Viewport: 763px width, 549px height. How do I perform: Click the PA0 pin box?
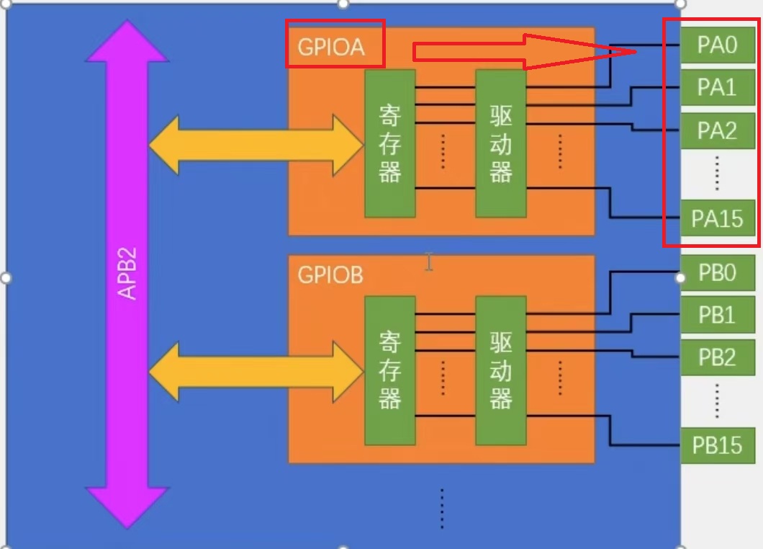point(717,45)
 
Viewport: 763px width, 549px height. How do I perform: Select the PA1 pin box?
point(717,87)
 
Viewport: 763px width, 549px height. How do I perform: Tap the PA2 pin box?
point(717,130)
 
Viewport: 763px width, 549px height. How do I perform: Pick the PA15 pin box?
point(717,218)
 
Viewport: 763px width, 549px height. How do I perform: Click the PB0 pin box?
point(717,274)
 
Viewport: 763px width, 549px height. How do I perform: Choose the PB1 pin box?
point(717,315)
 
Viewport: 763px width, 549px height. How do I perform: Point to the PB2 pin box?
point(717,357)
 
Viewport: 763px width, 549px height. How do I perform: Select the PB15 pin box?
point(717,445)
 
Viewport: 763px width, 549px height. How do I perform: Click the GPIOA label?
point(332,47)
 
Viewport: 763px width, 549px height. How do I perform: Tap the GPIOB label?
point(330,275)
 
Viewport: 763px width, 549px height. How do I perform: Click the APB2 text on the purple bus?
point(127,274)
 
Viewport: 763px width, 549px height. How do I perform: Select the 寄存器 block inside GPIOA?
point(389,143)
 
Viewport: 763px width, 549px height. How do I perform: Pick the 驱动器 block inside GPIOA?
point(500,143)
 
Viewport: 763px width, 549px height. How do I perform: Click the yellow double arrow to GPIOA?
point(256,144)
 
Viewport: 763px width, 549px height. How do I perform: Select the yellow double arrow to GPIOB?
point(256,371)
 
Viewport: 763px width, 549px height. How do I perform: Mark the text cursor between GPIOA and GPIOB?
point(429,262)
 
